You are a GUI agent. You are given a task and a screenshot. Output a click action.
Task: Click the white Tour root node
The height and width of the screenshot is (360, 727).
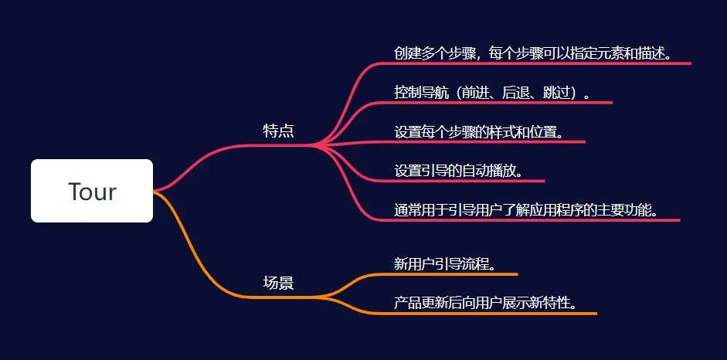(x=92, y=191)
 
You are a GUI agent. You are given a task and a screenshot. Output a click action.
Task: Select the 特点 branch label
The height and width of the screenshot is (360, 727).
(x=278, y=131)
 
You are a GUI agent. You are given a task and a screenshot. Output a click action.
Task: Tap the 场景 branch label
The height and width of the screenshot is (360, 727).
(x=278, y=283)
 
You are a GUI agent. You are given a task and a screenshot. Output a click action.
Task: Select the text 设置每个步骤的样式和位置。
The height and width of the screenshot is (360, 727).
(x=479, y=131)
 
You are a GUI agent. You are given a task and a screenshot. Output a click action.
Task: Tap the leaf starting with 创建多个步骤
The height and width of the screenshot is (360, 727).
(x=532, y=53)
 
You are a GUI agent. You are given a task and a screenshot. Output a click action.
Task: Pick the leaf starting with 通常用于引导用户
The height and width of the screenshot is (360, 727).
(x=526, y=209)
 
